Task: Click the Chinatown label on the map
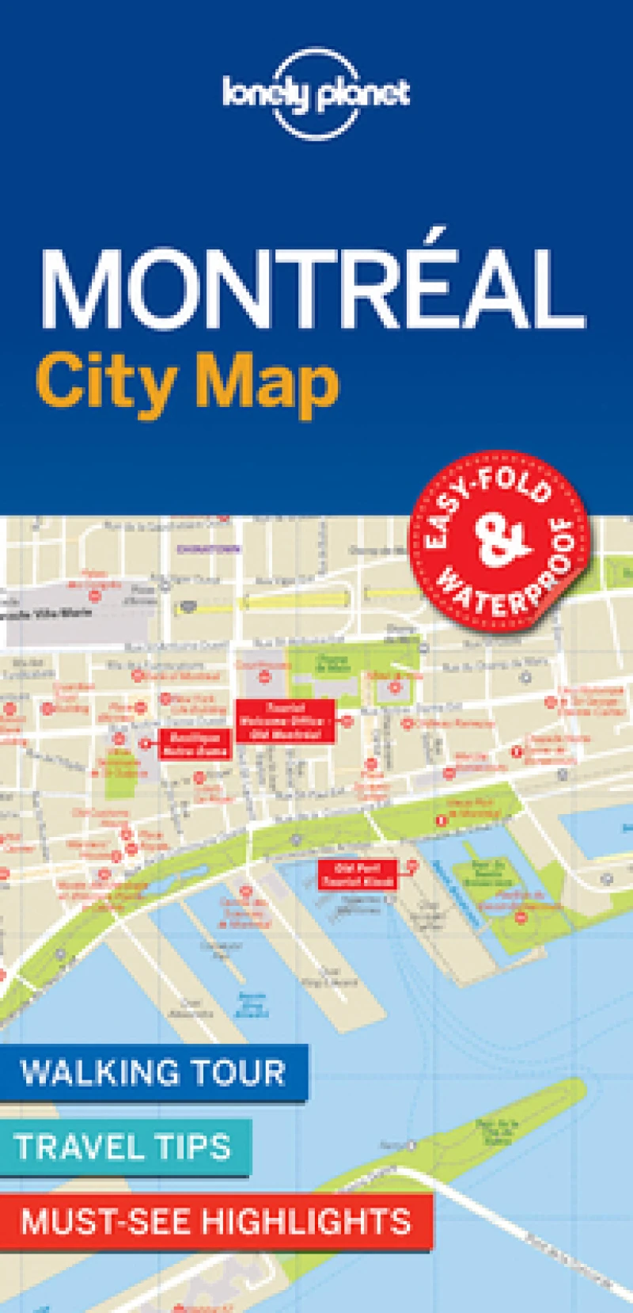(x=199, y=547)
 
